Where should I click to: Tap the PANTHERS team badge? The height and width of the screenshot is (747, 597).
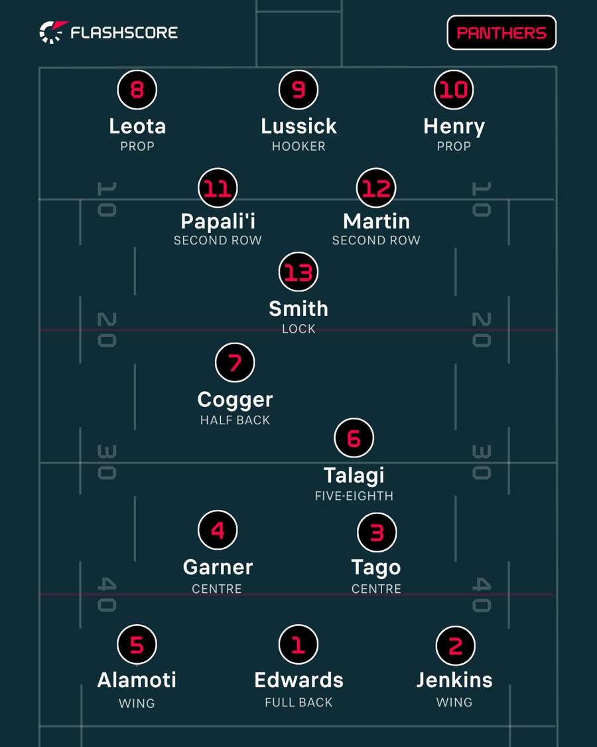point(501,33)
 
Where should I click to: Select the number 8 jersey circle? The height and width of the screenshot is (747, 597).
point(137,90)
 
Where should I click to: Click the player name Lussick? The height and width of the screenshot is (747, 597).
point(298,126)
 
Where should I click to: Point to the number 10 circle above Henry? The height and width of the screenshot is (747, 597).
point(454,90)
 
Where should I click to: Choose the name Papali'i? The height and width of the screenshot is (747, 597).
point(218,221)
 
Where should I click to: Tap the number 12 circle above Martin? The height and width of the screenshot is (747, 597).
point(376,188)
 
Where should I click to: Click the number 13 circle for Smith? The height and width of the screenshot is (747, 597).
point(298,272)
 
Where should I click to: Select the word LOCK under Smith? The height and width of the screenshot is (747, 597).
point(298,329)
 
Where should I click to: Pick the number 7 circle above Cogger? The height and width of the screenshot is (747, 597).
point(235,363)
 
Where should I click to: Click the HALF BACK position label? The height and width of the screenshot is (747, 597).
point(235,420)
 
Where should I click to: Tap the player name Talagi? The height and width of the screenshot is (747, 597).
point(354,475)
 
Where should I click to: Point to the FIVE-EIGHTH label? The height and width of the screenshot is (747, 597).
point(354,496)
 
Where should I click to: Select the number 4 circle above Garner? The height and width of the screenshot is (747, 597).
point(218,531)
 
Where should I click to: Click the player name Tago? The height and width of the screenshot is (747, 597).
point(376,568)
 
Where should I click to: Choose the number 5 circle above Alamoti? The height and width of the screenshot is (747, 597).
point(137,645)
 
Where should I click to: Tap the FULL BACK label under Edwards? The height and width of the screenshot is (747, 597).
point(298,703)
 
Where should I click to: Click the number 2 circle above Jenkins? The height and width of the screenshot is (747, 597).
point(456,646)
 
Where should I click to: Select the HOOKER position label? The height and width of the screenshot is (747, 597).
point(298,146)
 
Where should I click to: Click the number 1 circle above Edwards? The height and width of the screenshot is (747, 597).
point(298,645)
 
